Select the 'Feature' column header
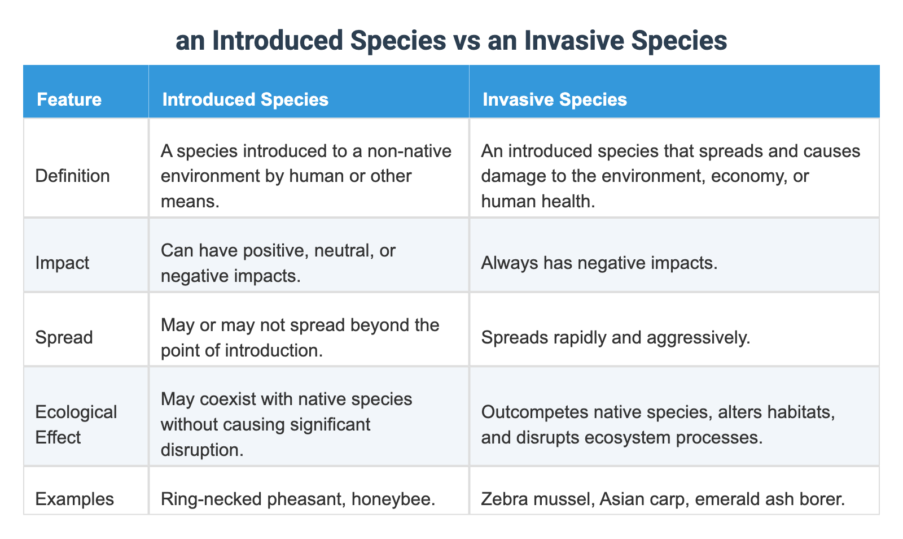click(69, 99)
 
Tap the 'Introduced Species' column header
click(245, 99)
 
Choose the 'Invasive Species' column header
click(554, 99)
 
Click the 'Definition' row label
click(72, 176)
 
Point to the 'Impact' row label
click(62, 262)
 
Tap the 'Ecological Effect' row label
click(76, 424)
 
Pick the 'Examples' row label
click(74, 499)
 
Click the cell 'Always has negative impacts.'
click(599, 262)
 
